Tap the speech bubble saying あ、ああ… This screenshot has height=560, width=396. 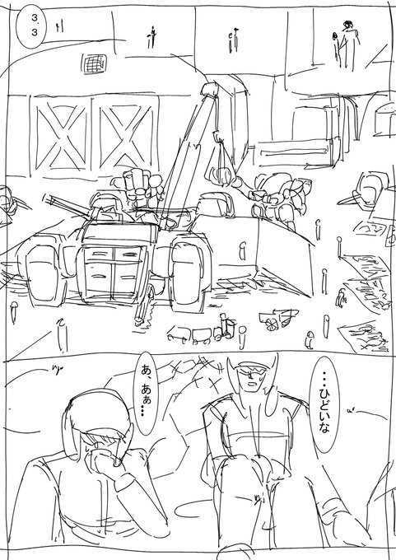(x=146, y=393)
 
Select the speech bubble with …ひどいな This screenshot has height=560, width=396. (x=324, y=408)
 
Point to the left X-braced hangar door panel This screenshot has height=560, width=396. (x=62, y=138)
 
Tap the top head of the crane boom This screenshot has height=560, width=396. (x=210, y=89)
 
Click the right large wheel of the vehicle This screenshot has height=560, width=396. (x=187, y=272)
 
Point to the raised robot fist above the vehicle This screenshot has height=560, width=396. (x=140, y=185)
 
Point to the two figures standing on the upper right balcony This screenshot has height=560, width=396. (x=346, y=44)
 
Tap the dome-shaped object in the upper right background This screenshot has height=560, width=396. (x=385, y=114)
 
